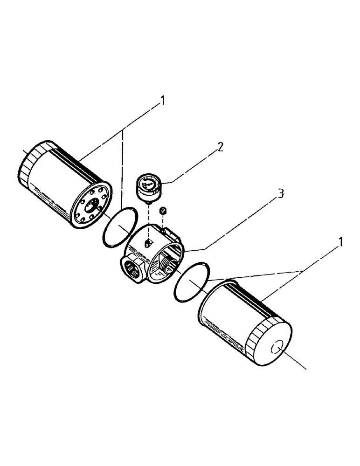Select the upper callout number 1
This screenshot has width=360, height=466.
(162, 100)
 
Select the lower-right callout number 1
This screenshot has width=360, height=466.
(341, 242)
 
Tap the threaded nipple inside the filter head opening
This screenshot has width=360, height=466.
(166, 265)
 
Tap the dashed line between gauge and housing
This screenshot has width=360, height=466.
(148, 219)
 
